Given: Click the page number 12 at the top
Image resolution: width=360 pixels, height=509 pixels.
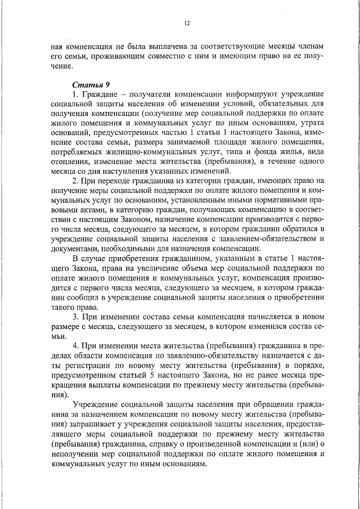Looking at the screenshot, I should click(187, 23).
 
